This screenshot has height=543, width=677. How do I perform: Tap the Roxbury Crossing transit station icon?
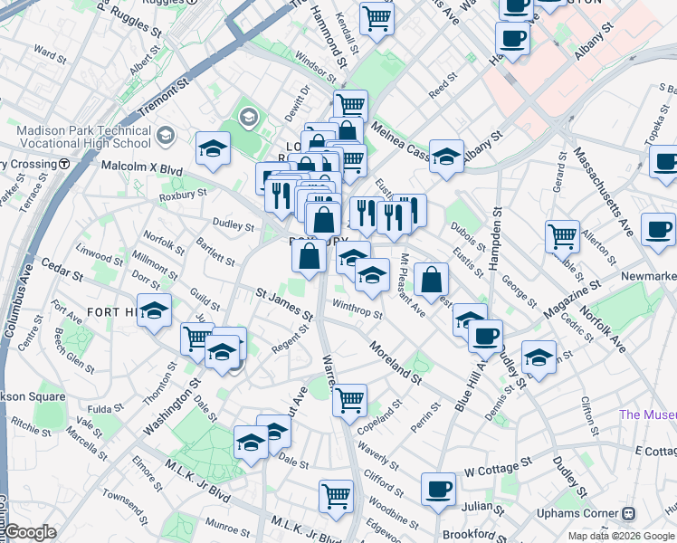point(64,165)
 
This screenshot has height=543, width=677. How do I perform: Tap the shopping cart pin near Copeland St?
point(349,399)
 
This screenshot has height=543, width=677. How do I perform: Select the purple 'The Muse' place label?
point(647,415)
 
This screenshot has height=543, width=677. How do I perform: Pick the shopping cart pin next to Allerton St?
point(563,236)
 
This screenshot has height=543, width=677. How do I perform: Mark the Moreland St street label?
point(395,361)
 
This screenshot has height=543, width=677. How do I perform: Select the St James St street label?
point(283,305)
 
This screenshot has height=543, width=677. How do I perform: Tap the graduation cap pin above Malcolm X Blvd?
point(213,148)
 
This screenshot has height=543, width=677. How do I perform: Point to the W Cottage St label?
point(496,470)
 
